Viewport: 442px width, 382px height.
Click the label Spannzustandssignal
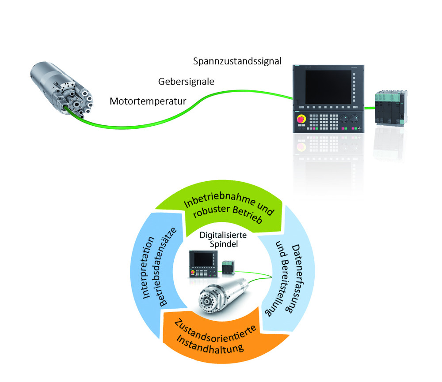[237, 61]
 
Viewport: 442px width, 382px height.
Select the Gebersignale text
[186, 82]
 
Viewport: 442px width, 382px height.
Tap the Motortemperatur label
[148, 101]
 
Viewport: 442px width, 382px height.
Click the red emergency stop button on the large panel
[301, 119]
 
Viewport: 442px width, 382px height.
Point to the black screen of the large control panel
[328, 87]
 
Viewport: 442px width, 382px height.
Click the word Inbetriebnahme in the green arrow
[220, 199]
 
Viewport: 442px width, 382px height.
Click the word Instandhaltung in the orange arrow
[210, 345]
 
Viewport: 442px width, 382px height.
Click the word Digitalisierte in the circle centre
[223, 235]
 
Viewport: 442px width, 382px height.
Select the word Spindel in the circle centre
[224, 244]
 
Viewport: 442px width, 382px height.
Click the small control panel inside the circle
[203, 264]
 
